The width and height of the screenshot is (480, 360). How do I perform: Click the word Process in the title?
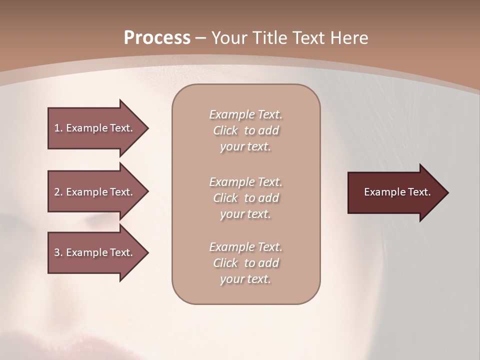click(157, 38)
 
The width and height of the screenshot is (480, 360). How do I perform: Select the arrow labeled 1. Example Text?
click(95, 128)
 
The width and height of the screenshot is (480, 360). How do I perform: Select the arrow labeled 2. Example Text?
click(95, 192)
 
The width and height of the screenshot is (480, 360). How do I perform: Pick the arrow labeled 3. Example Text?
click(95, 252)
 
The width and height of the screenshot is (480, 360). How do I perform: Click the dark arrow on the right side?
click(395, 192)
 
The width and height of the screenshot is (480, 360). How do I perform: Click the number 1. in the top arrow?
click(58, 128)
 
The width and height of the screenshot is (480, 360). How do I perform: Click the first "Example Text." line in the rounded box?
click(245, 114)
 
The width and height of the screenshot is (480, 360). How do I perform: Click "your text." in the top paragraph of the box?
click(245, 147)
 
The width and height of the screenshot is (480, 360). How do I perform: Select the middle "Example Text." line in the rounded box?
click(245, 181)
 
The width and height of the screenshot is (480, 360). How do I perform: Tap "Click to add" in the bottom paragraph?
click(245, 263)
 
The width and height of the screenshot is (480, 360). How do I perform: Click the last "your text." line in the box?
click(245, 279)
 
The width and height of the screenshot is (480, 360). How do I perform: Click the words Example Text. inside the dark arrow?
click(397, 192)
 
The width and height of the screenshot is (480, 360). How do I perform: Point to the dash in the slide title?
click(201, 38)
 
